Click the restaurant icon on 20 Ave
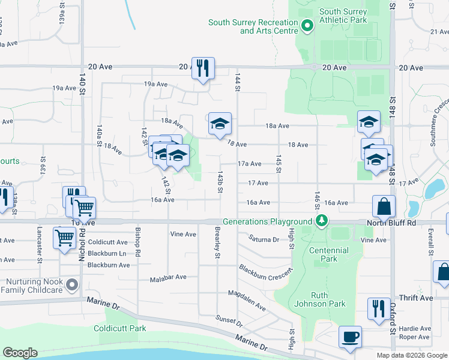coord(203,68)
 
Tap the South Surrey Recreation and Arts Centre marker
coord(307,26)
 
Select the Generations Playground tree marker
coord(322,221)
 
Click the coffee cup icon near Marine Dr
coord(350,337)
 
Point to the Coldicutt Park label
coord(120,329)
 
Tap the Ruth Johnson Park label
coord(319,299)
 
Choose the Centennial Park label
coord(330,255)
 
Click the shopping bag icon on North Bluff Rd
coord(384,207)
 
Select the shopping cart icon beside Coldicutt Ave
coord(64,238)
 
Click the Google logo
coord(20,353)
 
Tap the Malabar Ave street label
coord(169,277)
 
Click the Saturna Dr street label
coord(264,239)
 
